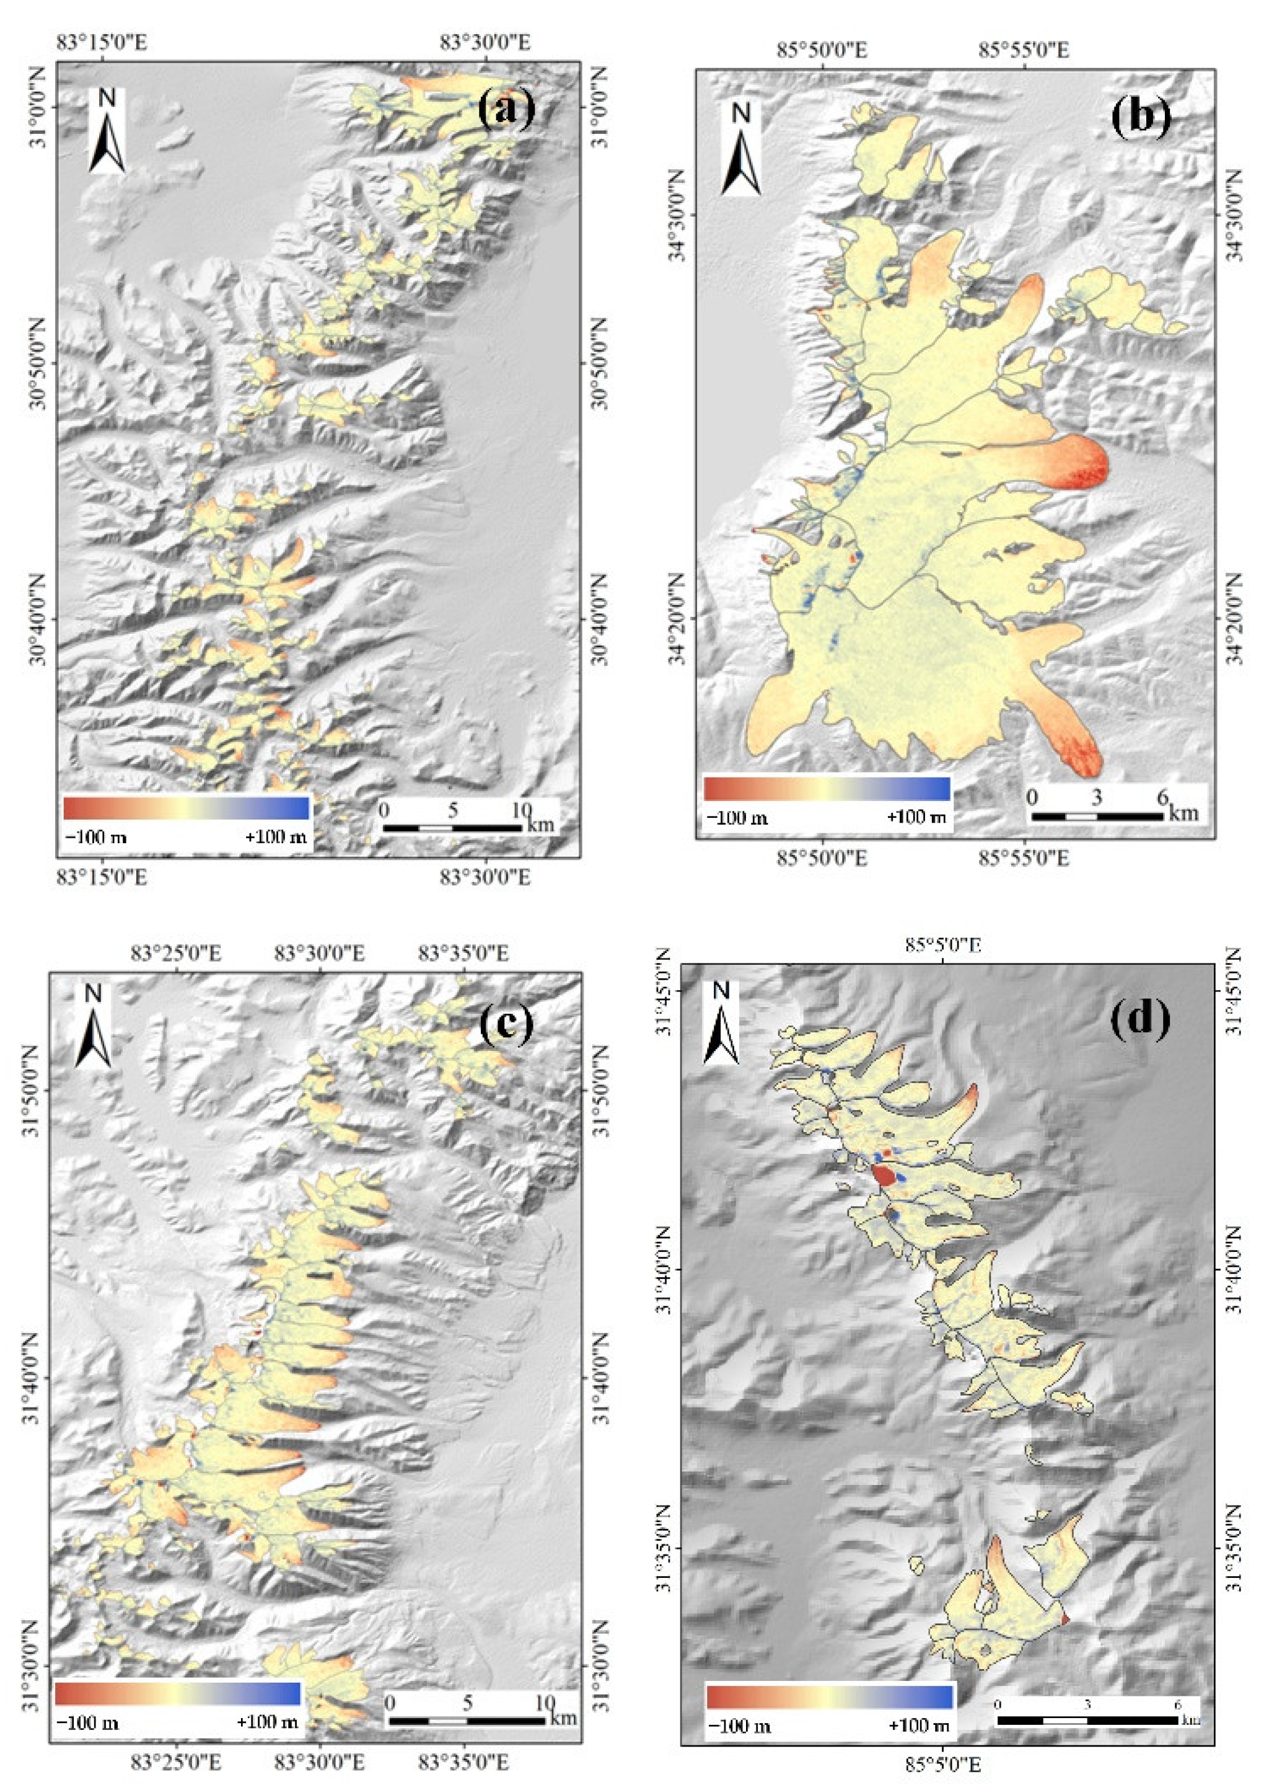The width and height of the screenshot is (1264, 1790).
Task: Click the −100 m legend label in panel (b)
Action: (737, 818)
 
